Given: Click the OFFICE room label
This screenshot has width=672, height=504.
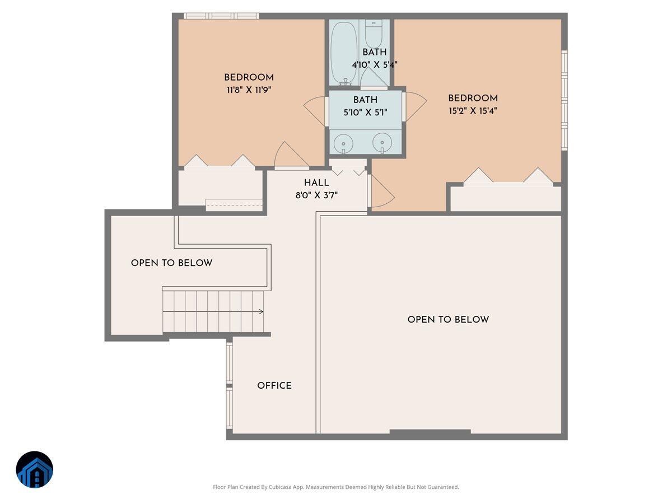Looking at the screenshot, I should [x=274, y=386].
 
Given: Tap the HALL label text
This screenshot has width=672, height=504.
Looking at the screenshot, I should [x=316, y=183].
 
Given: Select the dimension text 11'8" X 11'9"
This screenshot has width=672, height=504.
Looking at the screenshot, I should [x=249, y=90].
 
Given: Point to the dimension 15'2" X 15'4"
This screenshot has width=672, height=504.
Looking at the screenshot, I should [x=473, y=111].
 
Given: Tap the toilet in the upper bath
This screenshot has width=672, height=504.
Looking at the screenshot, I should [x=374, y=35].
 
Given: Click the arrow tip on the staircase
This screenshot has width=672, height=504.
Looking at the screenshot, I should [x=262, y=312].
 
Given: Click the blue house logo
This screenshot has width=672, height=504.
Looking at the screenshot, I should [x=35, y=469].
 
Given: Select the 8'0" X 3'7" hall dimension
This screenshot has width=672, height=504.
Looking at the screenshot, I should [x=316, y=195].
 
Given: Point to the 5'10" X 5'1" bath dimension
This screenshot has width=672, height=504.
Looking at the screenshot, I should [x=365, y=112].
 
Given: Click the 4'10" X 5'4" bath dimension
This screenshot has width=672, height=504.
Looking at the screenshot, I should [x=374, y=64].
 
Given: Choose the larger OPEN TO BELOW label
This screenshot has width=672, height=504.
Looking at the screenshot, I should [x=448, y=320].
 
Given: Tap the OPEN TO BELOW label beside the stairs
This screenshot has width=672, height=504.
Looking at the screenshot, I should [x=171, y=263].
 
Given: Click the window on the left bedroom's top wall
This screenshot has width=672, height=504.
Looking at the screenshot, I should [x=221, y=16].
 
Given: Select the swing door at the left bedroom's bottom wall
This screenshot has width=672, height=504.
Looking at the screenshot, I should [x=288, y=156].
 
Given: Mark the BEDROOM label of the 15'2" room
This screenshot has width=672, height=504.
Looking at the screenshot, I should [x=473, y=99].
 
